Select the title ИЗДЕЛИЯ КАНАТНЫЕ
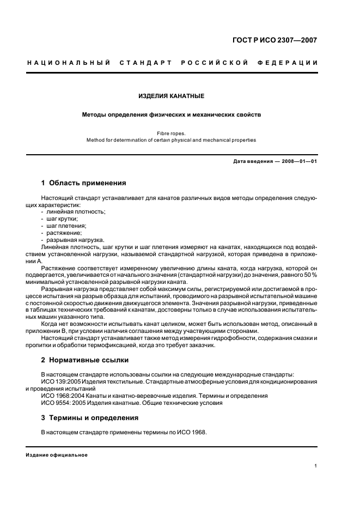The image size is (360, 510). coord(171,96)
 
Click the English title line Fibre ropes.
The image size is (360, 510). coord(171,132)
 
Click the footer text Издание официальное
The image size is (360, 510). coord(57,454)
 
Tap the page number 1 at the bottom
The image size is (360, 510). coord(316,466)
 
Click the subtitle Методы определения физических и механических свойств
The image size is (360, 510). coord(171,115)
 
